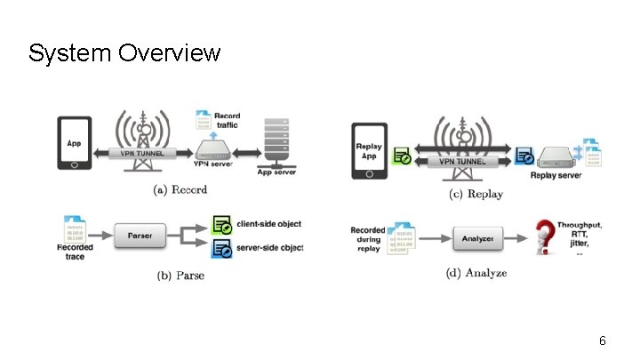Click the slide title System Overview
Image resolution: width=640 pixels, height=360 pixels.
[124, 53]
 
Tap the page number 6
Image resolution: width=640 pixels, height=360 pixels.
[603, 340]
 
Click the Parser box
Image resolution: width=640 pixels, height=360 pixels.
[140, 236]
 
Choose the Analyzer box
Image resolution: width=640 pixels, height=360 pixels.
[477, 237]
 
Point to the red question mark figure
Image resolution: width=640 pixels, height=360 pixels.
[542, 237]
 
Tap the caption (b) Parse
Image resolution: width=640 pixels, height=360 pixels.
[180, 276]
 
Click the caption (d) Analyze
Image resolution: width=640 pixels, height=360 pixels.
[476, 273]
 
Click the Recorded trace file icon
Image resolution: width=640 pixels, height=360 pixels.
[75, 225]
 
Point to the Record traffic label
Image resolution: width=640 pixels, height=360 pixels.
[228, 122]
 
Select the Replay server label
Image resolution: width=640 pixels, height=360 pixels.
[556, 175]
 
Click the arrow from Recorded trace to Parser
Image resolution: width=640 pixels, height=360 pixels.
[100, 236]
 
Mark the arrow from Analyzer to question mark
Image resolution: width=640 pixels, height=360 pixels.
[516, 237]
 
